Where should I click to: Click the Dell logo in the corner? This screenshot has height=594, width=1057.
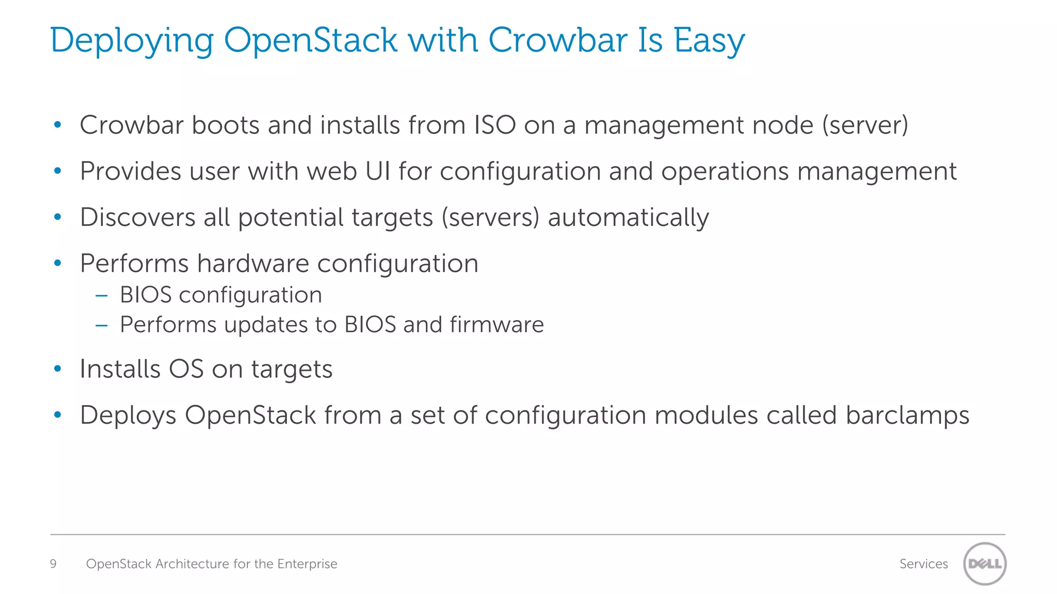pyautogui.click(x=985, y=564)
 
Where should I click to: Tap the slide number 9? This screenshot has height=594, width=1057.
pyautogui.click(x=53, y=564)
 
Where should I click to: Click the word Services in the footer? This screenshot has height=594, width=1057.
pyautogui.click(x=923, y=564)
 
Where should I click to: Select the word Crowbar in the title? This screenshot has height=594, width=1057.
pyautogui.click(x=558, y=40)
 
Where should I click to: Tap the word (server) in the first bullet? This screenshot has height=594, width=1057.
pyautogui.click(x=865, y=125)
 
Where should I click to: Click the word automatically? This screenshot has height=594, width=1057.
pyautogui.click(x=628, y=218)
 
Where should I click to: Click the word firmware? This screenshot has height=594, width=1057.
pyautogui.click(x=497, y=324)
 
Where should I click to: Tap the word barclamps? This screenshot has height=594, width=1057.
pyautogui.click(x=907, y=415)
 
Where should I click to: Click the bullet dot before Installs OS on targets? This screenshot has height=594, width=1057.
pyautogui.click(x=58, y=369)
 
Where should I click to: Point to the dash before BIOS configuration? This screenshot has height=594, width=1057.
pyautogui.click(x=102, y=295)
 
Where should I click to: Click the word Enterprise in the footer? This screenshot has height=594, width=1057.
pyautogui.click(x=307, y=564)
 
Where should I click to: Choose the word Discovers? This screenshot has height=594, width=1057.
pyautogui.click(x=138, y=217)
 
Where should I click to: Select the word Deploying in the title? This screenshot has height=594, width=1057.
pyautogui.click(x=132, y=41)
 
